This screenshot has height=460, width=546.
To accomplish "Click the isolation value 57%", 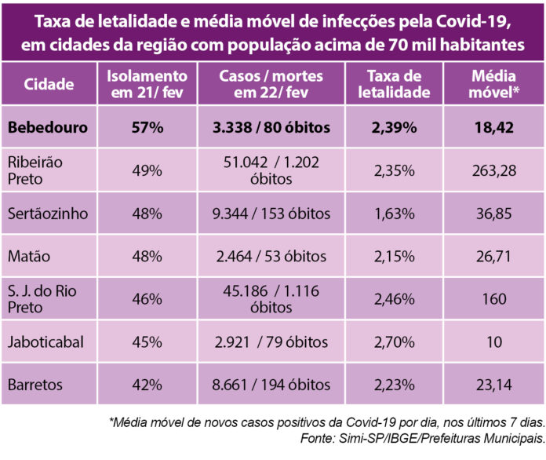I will click(x=147, y=127).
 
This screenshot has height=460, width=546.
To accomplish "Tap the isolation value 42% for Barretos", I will click(x=147, y=385).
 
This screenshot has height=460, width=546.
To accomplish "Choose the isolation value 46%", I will click(x=147, y=298).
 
